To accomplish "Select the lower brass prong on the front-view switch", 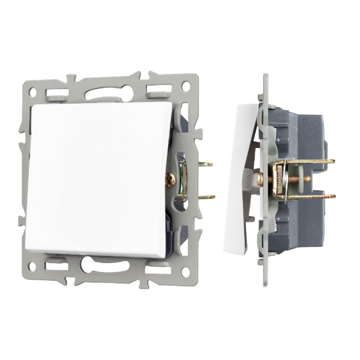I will (x=206, y=197).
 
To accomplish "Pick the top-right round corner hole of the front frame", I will (x=187, y=86).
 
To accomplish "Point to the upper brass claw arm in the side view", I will (x=310, y=162).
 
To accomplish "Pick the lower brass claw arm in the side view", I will (x=310, y=196).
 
